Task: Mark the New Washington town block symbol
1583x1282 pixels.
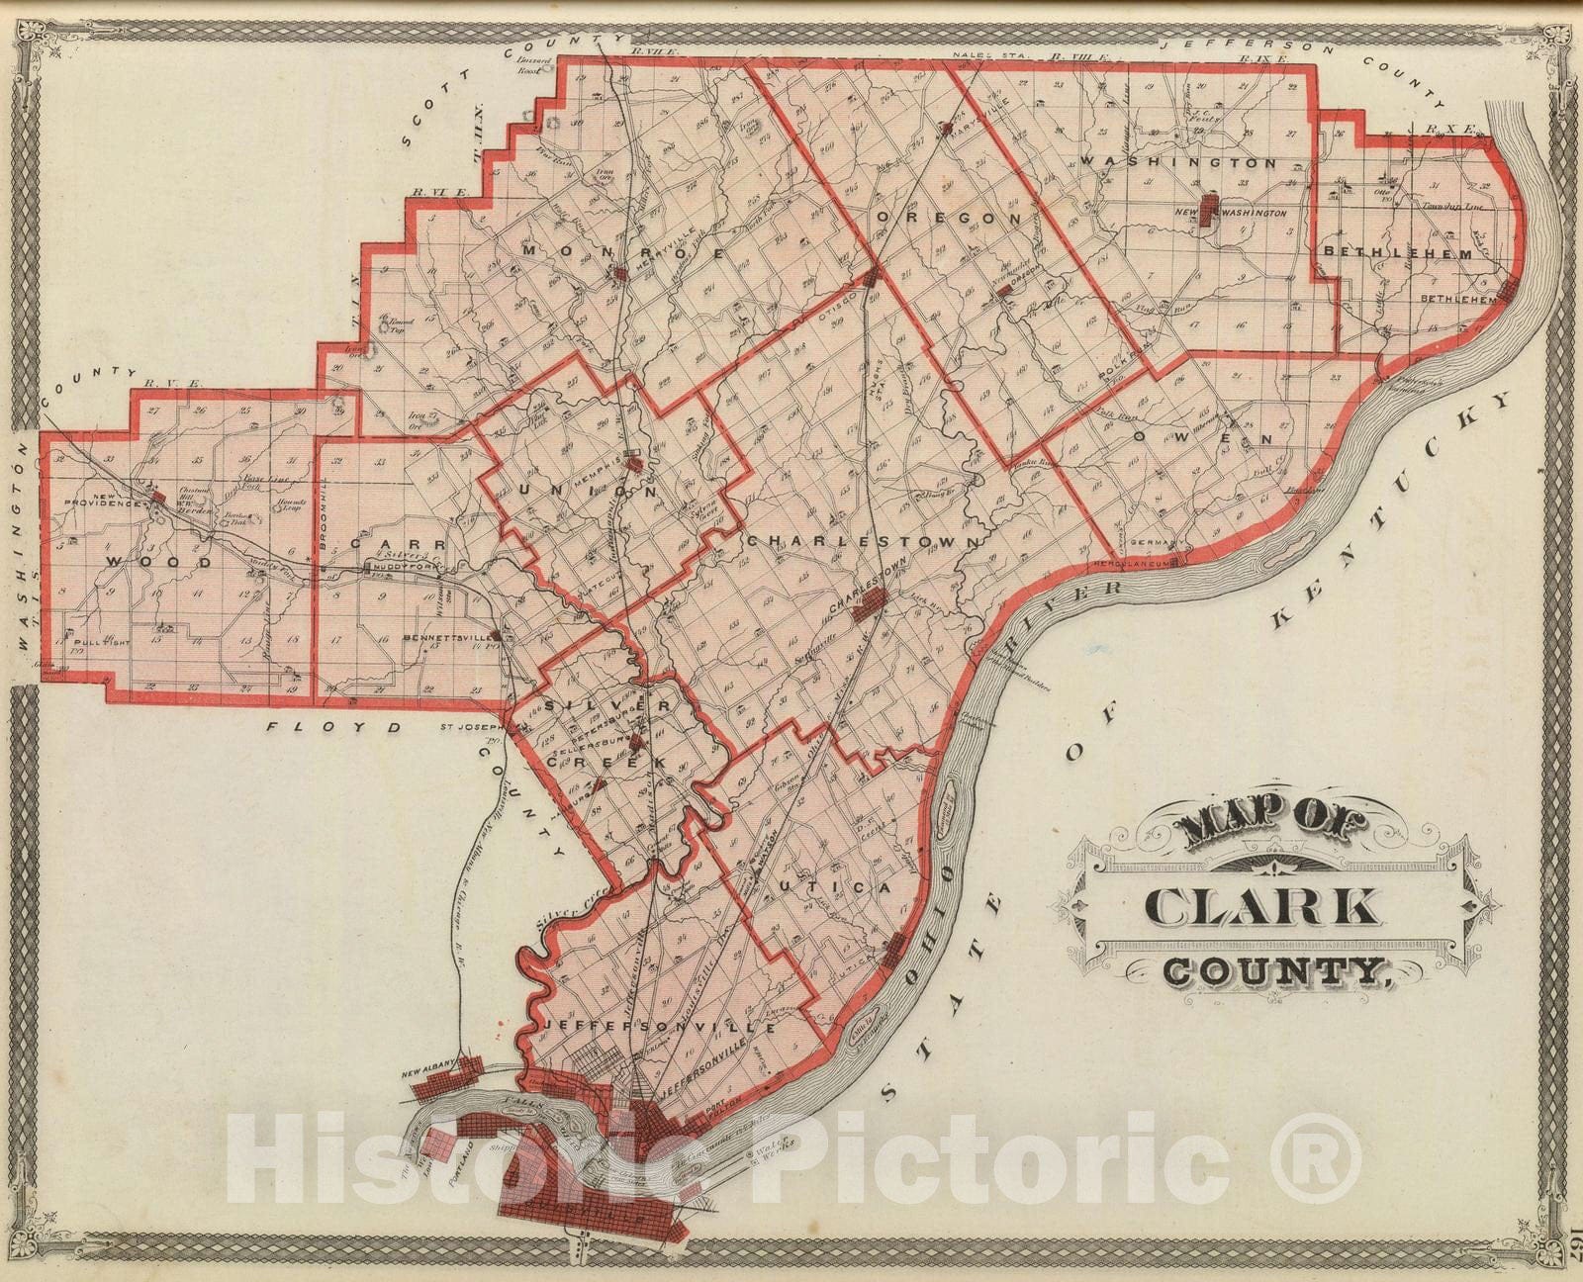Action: coord(1209,212)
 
